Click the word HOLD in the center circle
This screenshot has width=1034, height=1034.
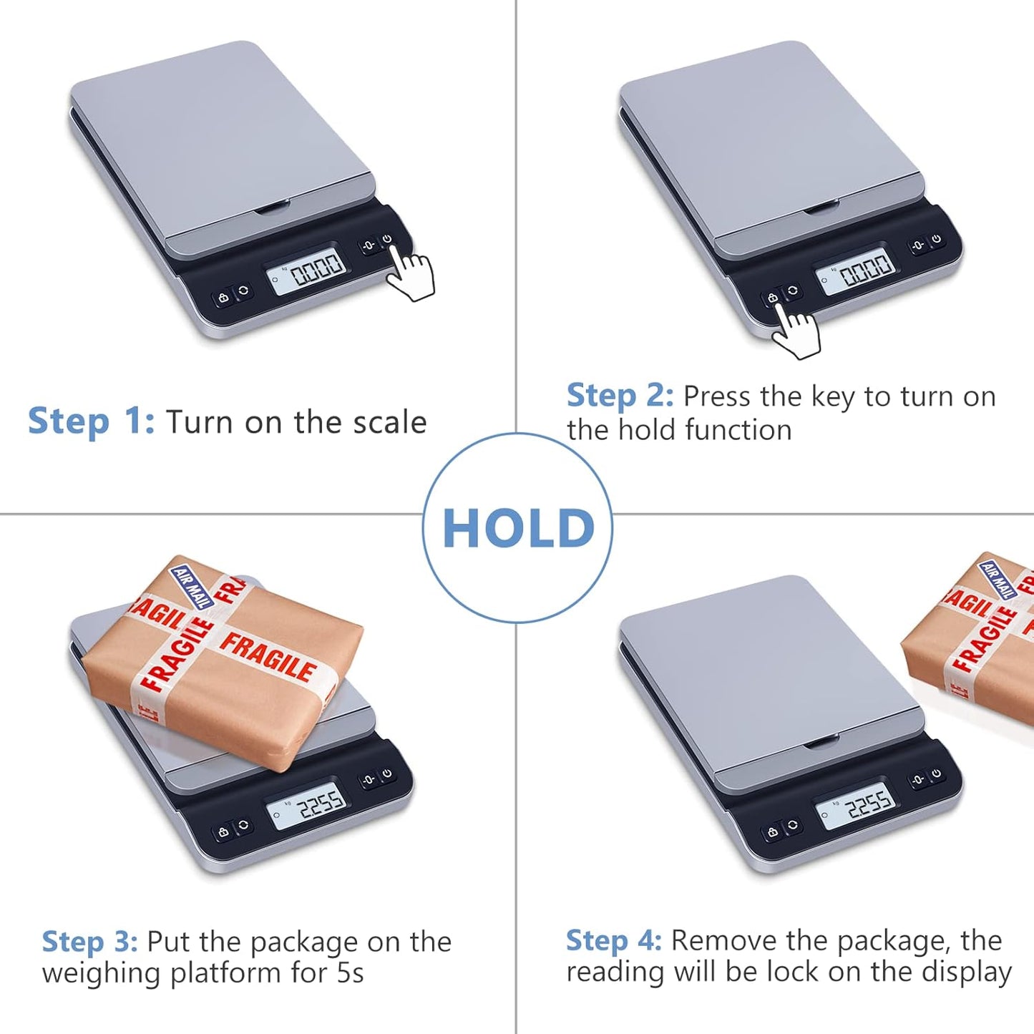(x=518, y=529)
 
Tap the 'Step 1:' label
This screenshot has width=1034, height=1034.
(x=91, y=421)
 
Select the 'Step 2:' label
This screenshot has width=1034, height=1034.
(x=620, y=396)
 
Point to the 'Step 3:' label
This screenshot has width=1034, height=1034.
(x=89, y=942)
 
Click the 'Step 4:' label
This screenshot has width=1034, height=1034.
(x=613, y=940)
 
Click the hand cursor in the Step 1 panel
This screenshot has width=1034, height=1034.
(x=411, y=276)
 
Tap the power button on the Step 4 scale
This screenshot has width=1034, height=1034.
(x=936, y=774)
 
